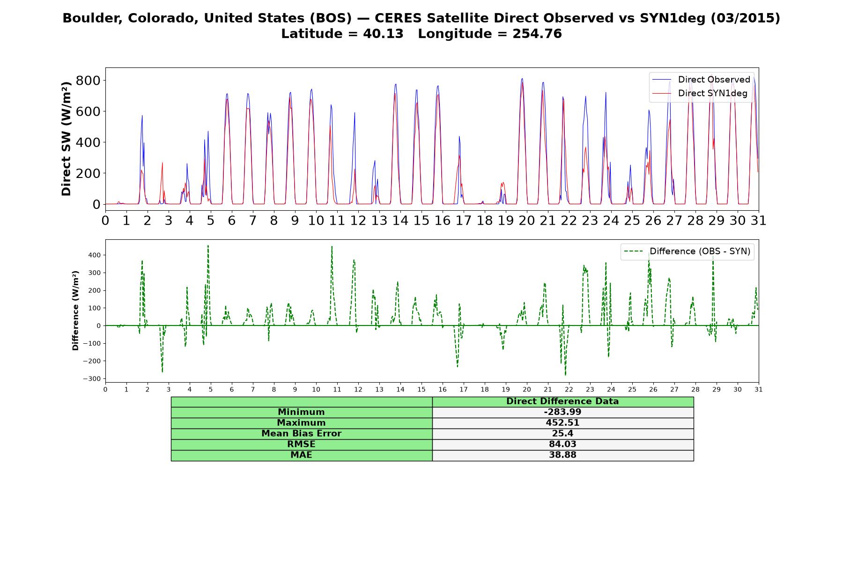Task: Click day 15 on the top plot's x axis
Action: coord(421,220)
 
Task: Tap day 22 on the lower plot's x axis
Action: coord(569,389)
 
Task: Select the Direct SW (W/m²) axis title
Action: coord(66,139)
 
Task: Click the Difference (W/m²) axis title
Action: coord(75,311)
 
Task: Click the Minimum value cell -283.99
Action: coord(562,412)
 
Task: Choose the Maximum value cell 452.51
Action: coord(562,423)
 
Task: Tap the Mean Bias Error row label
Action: coord(301,434)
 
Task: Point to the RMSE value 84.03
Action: coord(562,444)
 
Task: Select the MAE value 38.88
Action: coord(562,455)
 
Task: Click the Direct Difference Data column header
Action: coord(562,401)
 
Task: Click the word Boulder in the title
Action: coord(84,18)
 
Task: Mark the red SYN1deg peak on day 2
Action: coord(163,163)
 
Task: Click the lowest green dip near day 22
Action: coord(565,375)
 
